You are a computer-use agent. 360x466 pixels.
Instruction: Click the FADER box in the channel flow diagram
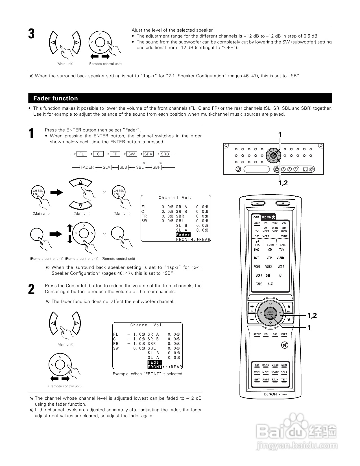(x=87, y=167)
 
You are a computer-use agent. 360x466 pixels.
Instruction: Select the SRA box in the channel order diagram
(x=148, y=154)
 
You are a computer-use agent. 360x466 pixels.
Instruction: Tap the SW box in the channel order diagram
(x=132, y=154)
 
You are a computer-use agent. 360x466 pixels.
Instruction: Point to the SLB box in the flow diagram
(x=123, y=167)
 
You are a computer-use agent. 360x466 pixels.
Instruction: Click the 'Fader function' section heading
(x=56, y=98)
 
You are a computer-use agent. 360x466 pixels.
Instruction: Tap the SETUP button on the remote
(x=257, y=335)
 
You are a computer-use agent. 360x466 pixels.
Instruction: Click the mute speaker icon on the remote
(x=284, y=345)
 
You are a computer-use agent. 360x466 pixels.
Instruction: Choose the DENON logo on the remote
(x=270, y=394)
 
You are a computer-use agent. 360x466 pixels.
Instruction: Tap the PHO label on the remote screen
(x=257, y=250)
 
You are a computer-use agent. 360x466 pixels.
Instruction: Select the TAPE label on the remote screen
(x=259, y=284)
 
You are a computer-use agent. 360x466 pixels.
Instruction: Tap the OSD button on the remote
(x=275, y=335)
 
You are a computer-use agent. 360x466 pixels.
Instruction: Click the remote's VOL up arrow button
(x=289, y=307)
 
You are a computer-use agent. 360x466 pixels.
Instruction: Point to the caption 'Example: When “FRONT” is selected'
(x=147, y=374)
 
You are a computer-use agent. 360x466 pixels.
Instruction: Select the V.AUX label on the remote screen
(x=280, y=258)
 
